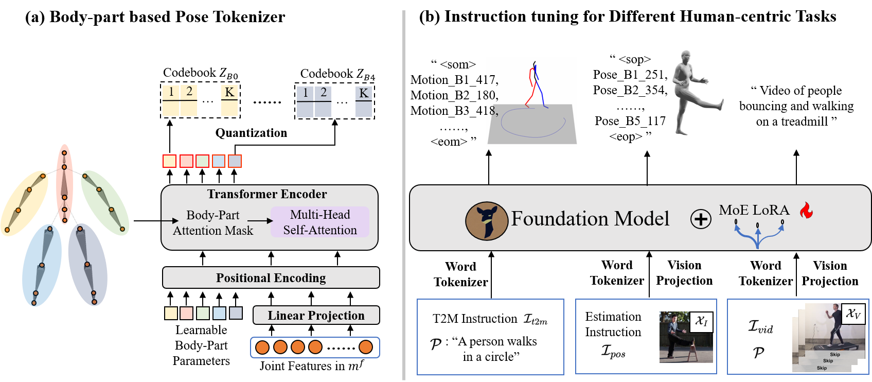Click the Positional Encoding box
pos(271,277)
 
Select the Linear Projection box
pos(316,315)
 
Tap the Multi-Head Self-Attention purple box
pos(319,222)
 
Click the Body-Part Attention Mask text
pos(213,222)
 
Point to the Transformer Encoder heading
pos(266,194)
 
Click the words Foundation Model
pos(590,219)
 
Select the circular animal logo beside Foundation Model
pos(487,221)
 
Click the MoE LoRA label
pos(754,210)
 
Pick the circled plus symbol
pos(701,219)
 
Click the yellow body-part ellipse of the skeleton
pos(24,203)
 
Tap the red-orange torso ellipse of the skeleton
pos(64,184)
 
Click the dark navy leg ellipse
pos(87,264)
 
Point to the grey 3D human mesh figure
pos(691,93)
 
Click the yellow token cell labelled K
pos(229,93)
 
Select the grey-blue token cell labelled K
pos(364,94)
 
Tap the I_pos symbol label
pos(613,351)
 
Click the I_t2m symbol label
pos(535,320)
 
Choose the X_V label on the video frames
pos(852,314)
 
